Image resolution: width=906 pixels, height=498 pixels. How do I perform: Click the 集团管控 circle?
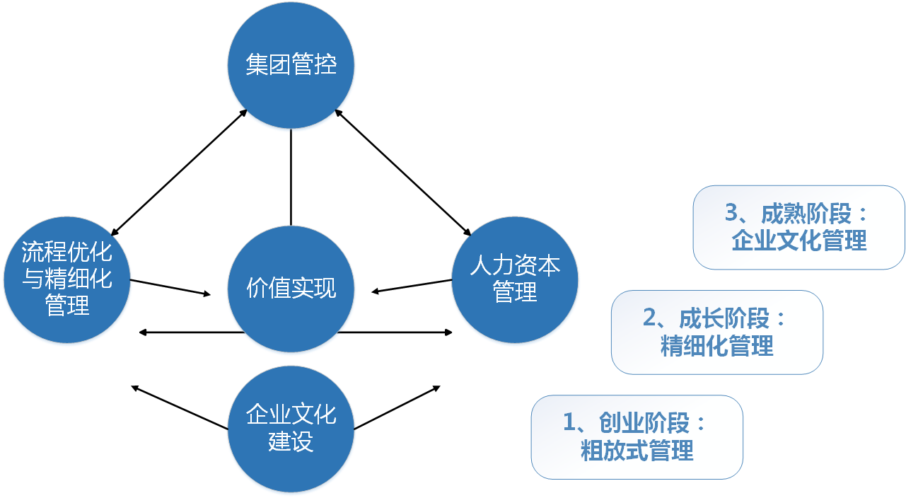click(291, 66)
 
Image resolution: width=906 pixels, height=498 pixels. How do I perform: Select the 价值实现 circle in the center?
click(291, 289)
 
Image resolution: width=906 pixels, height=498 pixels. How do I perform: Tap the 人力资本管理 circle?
click(515, 279)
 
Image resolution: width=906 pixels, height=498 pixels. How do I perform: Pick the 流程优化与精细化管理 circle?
click(67, 279)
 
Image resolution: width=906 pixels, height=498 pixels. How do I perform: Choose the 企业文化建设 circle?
click(291, 428)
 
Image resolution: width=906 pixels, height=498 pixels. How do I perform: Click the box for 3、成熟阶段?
click(798, 227)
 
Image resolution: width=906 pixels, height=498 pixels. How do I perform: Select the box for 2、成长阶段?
click(716, 332)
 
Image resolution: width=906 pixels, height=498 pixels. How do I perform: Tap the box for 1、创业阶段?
click(637, 436)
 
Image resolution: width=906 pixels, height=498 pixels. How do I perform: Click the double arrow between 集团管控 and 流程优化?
click(178, 172)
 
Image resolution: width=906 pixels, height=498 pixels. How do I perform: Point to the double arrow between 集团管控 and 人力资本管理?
click(402, 172)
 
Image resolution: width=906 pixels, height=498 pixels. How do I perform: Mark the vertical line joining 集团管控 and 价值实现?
click(291, 177)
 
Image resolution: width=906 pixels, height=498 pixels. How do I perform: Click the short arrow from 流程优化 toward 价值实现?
click(170, 287)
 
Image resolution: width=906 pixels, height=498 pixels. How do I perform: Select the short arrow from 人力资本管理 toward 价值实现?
click(412, 286)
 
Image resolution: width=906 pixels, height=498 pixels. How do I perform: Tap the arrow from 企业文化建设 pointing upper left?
click(180, 407)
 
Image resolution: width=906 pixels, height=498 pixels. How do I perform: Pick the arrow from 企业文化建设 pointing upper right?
click(397, 407)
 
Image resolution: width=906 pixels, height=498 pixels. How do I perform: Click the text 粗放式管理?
click(637, 450)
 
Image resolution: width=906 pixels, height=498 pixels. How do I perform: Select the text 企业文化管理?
click(798, 241)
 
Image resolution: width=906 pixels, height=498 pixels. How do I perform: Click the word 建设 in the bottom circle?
click(291, 441)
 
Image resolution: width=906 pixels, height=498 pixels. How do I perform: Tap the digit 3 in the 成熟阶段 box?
click(732, 212)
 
